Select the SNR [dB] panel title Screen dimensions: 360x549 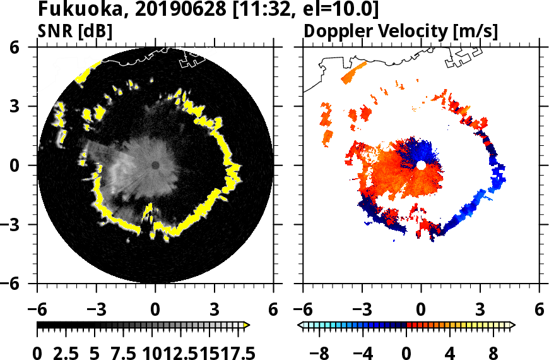75,30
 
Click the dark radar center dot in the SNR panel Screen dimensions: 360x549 155,165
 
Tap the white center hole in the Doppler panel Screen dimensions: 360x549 421,165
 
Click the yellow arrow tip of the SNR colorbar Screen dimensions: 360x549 247,325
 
